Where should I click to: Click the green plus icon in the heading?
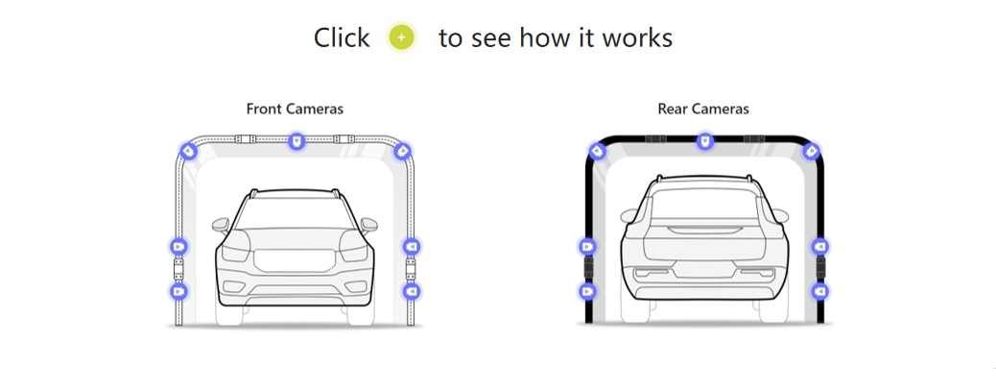click(x=402, y=37)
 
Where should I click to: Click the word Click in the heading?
click(x=341, y=37)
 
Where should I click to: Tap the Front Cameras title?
click(x=295, y=110)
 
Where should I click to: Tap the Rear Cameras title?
click(x=703, y=110)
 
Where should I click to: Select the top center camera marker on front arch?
click(x=296, y=142)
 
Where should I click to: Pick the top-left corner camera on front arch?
click(x=189, y=151)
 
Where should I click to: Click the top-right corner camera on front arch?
click(x=402, y=151)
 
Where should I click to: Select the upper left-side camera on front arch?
click(x=178, y=247)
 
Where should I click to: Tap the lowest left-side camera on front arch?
click(x=178, y=290)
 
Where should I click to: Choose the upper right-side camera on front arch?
click(x=412, y=247)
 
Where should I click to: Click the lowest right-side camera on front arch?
click(x=412, y=290)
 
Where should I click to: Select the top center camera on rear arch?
click(x=705, y=142)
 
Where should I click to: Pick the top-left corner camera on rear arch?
click(x=597, y=151)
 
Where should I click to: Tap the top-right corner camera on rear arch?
click(x=811, y=151)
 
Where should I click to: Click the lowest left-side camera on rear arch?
click(x=587, y=290)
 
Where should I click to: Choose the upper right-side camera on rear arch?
click(x=820, y=247)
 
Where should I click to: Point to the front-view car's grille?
click(x=293, y=259)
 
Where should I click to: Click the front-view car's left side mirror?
click(x=222, y=226)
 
